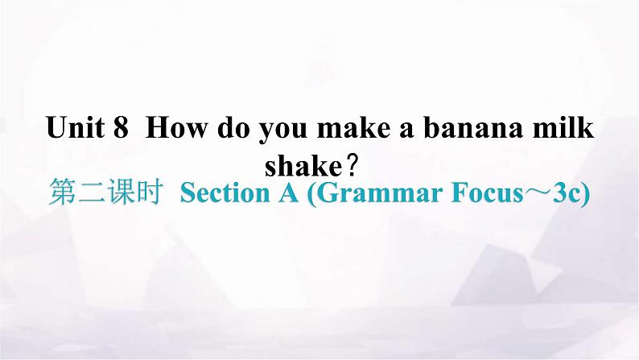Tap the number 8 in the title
point(121,127)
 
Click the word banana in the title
point(472,126)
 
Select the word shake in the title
point(303,166)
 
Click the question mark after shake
point(352,166)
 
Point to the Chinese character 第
point(62,192)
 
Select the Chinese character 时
point(150,192)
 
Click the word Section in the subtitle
point(225,192)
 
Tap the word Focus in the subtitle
point(487,192)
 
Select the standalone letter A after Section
point(289,192)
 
